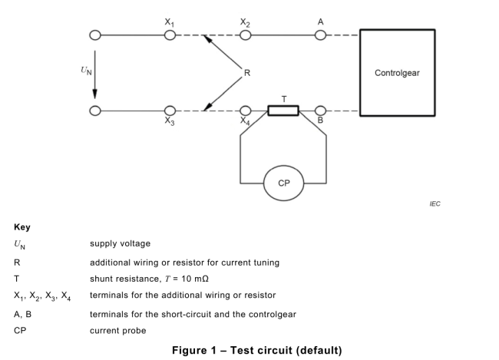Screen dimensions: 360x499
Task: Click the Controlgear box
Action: (x=397, y=73)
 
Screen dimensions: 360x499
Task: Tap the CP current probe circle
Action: (x=283, y=183)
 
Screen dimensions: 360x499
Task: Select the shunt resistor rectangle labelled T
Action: (x=283, y=111)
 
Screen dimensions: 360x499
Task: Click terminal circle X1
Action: (x=170, y=35)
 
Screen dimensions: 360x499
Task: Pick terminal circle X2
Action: (x=245, y=35)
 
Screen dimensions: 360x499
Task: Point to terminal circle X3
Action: (x=170, y=111)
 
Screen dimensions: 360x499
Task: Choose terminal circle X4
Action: (x=245, y=111)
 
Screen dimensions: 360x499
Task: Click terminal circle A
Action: (x=320, y=35)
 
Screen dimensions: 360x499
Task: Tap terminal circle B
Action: (x=320, y=111)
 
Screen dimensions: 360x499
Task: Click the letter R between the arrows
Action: (x=246, y=73)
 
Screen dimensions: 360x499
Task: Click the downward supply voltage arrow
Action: (x=95, y=73)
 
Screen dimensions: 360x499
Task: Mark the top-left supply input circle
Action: (x=95, y=35)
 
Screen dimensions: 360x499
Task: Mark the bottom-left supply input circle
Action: (x=95, y=111)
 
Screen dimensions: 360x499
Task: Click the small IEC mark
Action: (x=435, y=204)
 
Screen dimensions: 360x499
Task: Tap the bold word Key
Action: (x=22, y=228)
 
